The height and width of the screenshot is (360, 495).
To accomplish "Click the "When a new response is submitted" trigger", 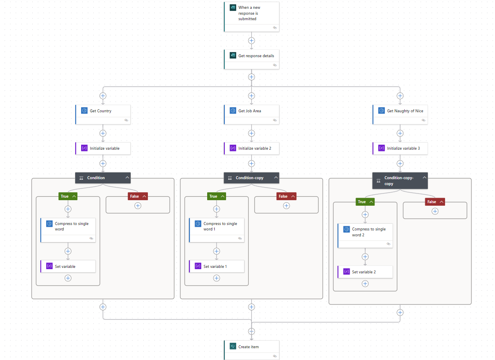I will tap(251, 13).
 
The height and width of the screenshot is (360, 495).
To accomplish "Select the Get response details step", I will tap(256, 56).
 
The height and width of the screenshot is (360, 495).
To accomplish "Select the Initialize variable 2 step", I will tap(253, 148).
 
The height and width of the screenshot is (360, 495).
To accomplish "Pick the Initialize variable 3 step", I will tap(403, 148).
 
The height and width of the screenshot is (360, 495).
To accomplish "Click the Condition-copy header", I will tap(250, 178).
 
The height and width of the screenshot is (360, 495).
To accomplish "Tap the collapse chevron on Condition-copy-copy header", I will tap(424, 177).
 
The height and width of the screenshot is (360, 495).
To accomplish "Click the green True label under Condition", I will tap(65, 196).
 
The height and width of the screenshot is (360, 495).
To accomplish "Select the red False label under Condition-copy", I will tap(283, 196).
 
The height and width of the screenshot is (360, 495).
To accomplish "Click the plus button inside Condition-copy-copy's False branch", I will tap(435, 211).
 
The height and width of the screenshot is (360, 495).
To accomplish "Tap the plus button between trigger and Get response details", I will tap(251, 41).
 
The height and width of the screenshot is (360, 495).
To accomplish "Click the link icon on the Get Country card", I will tap(126, 120).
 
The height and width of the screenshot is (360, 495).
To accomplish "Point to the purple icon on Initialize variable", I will tap(84, 148).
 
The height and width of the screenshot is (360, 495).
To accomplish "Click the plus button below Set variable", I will tap(68, 278).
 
